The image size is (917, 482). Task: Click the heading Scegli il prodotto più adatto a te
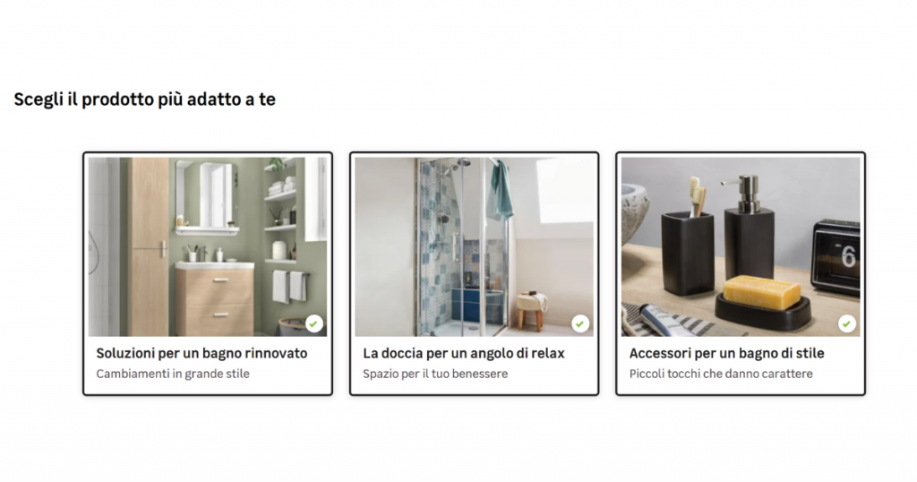(144, 99)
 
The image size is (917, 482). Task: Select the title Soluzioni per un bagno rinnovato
(201, 353)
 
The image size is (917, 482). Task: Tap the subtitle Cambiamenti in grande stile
(173, 374)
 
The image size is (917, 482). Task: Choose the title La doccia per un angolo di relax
(464, 353)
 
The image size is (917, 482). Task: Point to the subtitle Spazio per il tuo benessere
(435, 374)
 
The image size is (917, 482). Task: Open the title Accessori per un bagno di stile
(727, 353)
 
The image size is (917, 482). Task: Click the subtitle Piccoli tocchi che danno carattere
(721, 374)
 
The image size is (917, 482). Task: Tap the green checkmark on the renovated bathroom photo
(314, 323)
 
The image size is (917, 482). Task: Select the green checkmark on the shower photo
(580, 323)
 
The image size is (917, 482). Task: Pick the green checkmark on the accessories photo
(847, 323)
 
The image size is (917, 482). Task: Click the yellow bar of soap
(762, 292)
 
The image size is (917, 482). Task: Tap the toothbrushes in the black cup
(697, 196)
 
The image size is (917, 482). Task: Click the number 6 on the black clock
(848, 257)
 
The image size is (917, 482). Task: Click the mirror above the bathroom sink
(207, 194)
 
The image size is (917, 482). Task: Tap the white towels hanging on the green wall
(289, 286)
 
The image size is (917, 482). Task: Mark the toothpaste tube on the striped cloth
(666, 321)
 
